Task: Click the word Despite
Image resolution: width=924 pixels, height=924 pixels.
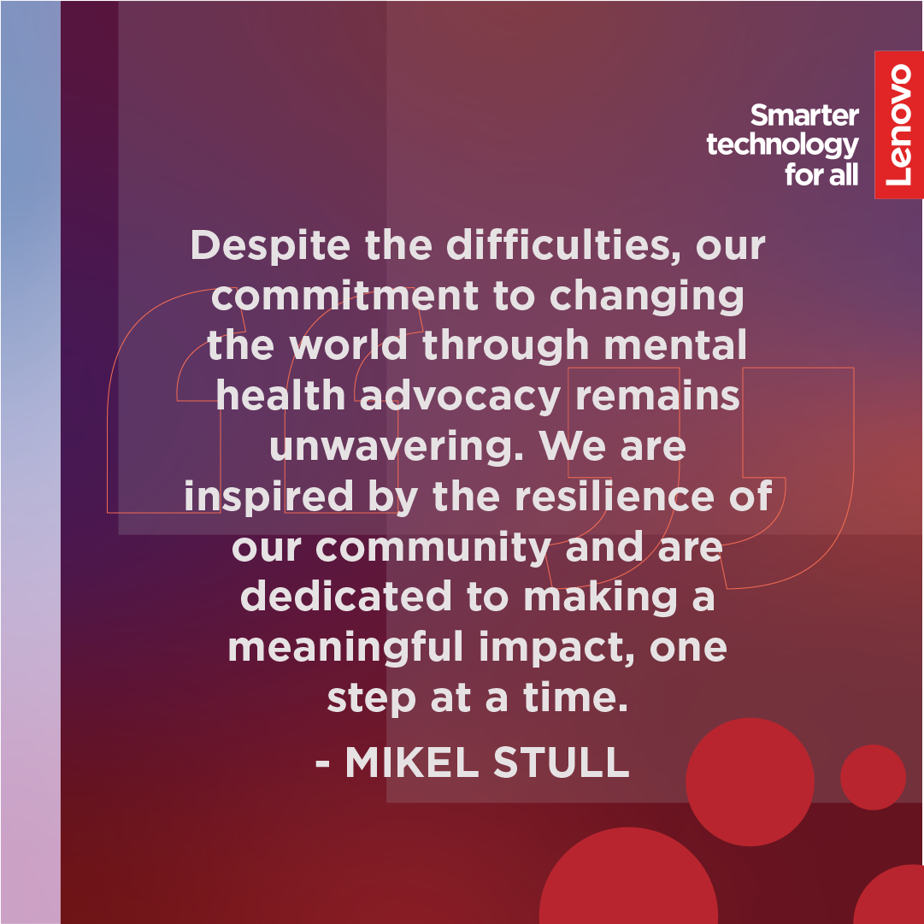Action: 270,246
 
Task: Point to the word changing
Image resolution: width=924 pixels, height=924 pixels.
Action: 646,297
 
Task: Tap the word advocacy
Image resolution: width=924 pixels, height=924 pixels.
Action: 460,396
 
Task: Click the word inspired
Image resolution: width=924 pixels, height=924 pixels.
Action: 268,497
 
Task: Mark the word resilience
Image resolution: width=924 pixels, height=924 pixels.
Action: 615,496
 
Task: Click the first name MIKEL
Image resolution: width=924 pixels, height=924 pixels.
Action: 412,762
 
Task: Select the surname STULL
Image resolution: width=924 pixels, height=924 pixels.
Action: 562,762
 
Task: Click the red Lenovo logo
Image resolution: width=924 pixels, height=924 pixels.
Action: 898,125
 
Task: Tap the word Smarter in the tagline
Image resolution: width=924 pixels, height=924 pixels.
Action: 804,115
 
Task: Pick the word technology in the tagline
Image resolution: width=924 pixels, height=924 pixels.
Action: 783,145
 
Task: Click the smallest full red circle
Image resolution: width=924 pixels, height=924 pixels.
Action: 873,777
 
